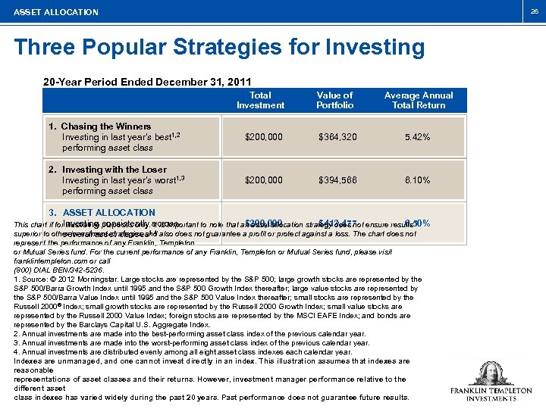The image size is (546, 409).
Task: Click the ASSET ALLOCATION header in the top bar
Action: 56,12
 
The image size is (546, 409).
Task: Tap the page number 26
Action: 535,11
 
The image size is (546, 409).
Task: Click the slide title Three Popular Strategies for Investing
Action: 219,47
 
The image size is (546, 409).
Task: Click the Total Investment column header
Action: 260,100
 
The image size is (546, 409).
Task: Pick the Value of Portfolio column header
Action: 334,100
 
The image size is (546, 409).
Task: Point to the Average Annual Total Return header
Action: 418,100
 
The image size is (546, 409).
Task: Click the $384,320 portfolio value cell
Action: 336,137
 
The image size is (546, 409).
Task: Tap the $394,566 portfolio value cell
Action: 336,180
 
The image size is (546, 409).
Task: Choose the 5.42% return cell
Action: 418,137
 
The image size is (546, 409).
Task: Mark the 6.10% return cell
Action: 418,180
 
